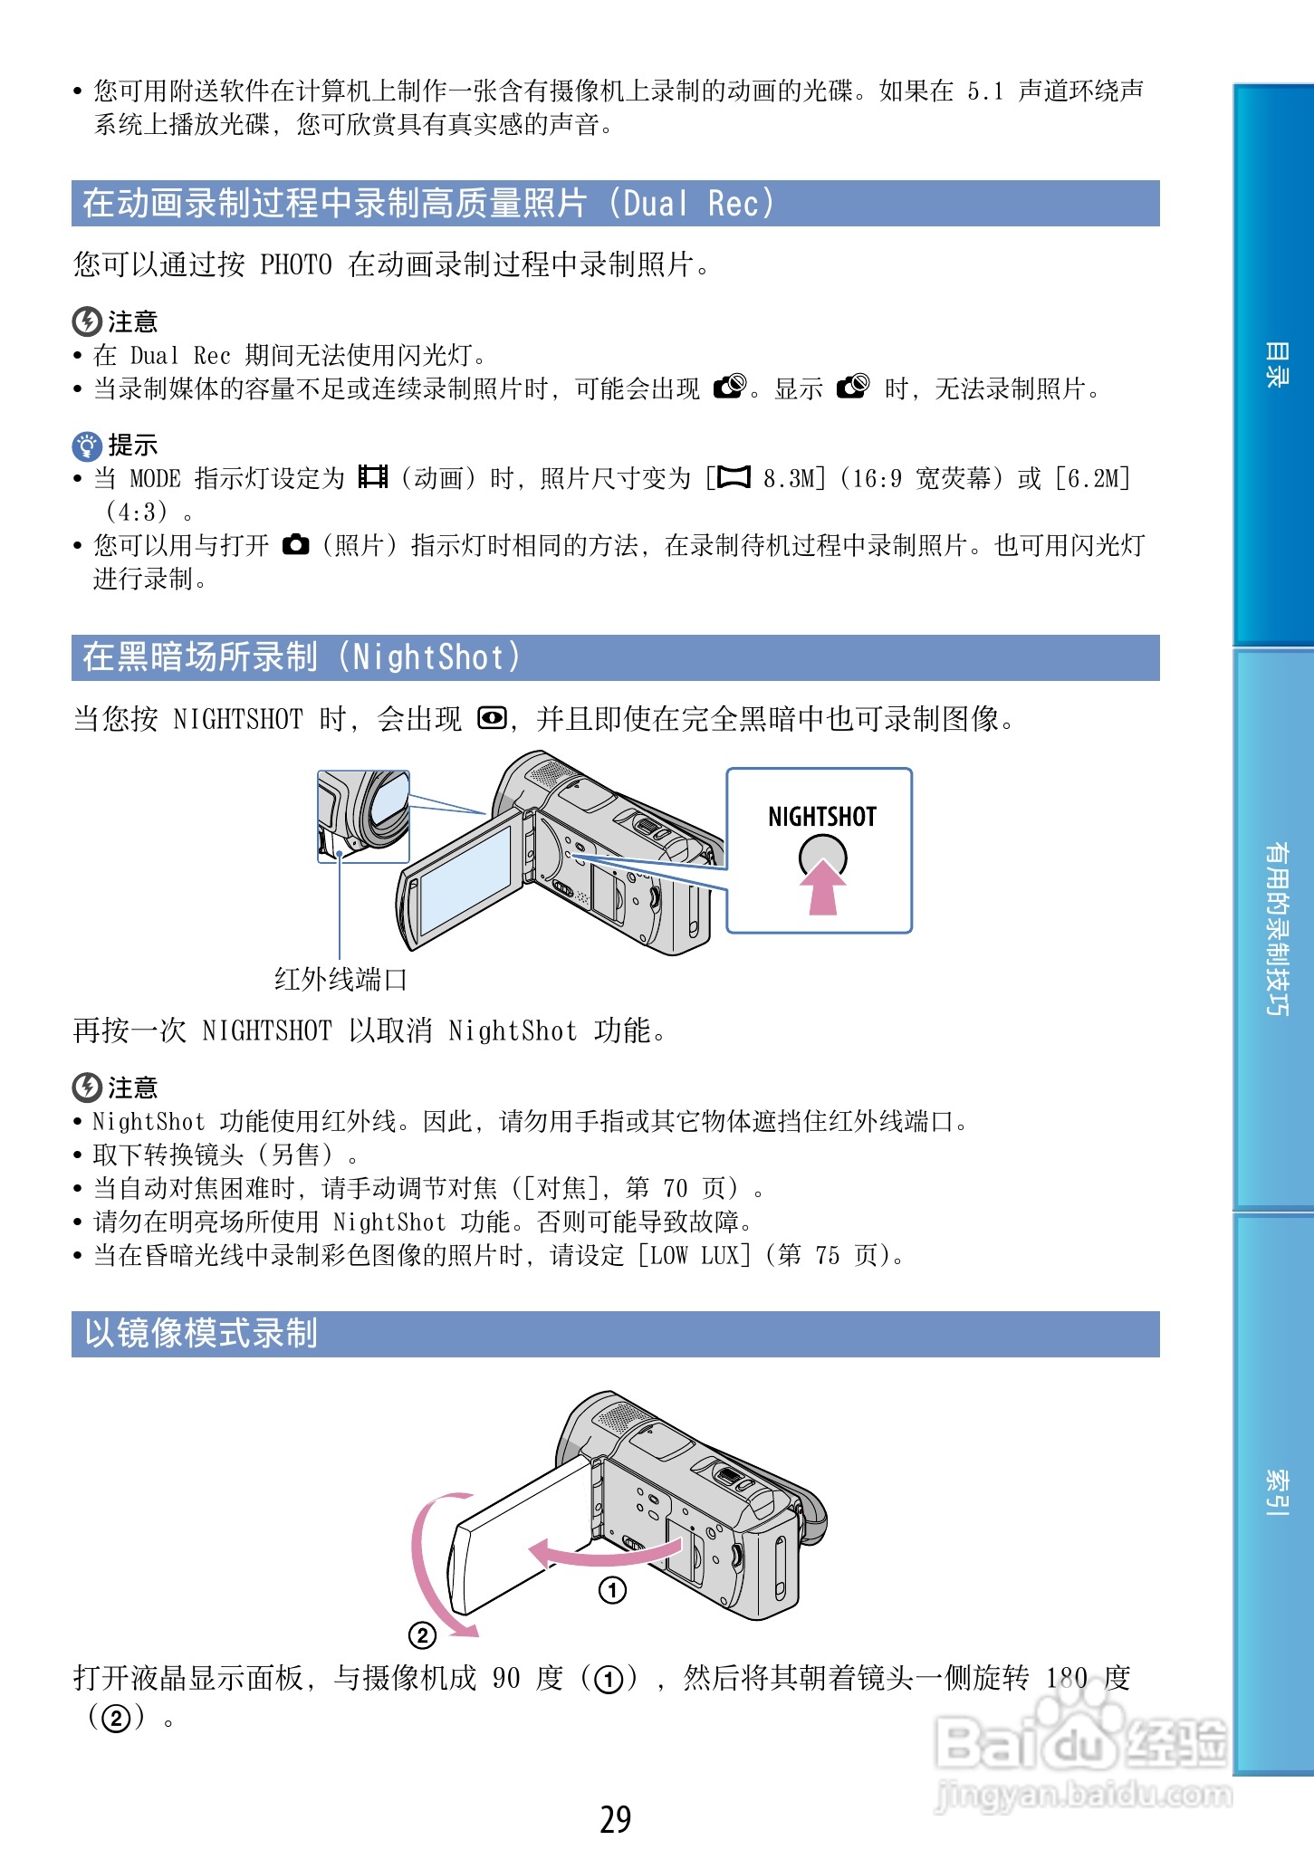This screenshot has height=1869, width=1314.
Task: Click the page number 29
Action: point(616,1819)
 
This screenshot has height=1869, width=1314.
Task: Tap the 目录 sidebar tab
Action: point(1275,366)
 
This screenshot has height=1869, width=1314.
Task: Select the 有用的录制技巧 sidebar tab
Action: point(1275,929)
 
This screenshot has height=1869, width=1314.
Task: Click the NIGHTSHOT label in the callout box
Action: point(821,817)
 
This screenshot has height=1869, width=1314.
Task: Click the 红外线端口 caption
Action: point(340,980)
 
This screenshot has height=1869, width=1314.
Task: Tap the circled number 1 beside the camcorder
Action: point(612,1590)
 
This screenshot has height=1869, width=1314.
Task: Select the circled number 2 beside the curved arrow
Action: point(422,1634)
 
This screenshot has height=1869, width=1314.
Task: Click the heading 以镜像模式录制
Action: point(201,1334)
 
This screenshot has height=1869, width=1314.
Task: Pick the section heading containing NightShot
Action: point(301,657)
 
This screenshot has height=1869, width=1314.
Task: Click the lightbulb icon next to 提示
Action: point(86,446)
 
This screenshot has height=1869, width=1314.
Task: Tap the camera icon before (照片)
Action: point(295,545)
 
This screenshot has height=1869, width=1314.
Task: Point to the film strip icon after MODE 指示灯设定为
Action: point(372,477)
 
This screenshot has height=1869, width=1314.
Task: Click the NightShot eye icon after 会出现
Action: point(492,719)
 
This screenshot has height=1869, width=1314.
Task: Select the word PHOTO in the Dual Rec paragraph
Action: point(296,264)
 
